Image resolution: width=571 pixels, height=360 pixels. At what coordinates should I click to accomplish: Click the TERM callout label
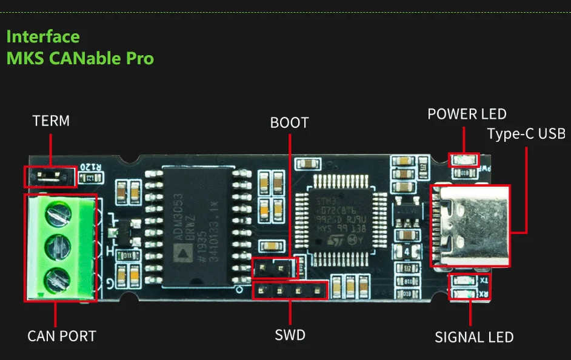pos(51,121)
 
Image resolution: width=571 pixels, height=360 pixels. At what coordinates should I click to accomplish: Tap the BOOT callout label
pos(289,123)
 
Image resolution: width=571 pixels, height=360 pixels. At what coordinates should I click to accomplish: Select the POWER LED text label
pos(467,114)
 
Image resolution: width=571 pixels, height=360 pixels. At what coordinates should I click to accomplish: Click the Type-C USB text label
pos(526,133)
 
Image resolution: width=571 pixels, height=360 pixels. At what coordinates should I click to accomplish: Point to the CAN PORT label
pos(62,336)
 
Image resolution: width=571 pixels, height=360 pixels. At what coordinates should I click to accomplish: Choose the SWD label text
pos(290,335)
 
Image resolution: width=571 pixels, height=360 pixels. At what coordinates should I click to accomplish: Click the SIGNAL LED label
pos(474,338)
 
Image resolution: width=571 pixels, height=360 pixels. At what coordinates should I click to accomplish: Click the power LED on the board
pos(463,161)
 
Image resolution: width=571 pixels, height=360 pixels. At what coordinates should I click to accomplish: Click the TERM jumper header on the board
pos(50,176)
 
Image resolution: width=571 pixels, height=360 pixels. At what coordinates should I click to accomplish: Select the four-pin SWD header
pos(290,290)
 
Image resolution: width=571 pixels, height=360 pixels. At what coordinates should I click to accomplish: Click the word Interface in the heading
pos(43,36)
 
